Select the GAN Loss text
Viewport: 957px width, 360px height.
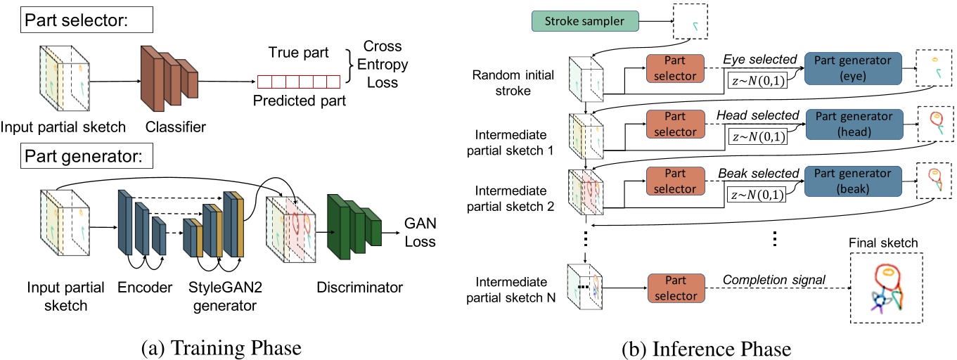[x=420, y=233]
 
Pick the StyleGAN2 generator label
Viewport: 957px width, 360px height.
[x=219, y=297]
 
